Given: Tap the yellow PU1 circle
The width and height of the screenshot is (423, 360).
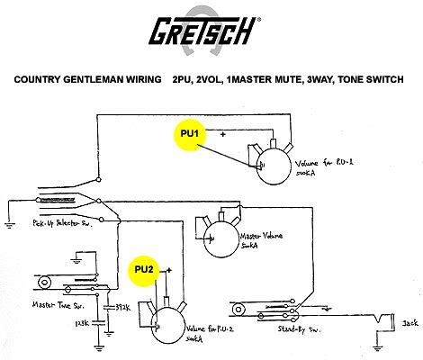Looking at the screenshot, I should click(x=190, y=133).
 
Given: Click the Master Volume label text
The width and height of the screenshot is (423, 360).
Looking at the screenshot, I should click(x=262, y=240).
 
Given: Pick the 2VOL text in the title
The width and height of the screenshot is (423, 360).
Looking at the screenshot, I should click(x=210, y=79).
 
